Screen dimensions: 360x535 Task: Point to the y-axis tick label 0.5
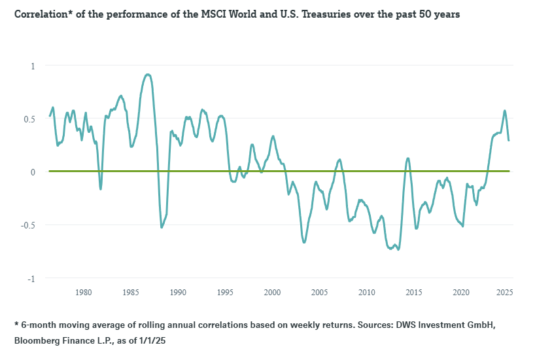tap(30, 119)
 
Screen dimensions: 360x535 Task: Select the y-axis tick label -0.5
tap(29, 225)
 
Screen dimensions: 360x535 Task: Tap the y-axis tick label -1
tap(31, 278)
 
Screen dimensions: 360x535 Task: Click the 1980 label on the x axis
tap(83, 293)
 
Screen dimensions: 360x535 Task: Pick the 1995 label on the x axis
tap(225, 293)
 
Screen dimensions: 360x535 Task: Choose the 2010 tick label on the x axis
tap(367, 293)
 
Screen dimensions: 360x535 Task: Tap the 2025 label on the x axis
tap(504, 293)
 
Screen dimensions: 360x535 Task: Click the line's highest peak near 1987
tap(148, 75)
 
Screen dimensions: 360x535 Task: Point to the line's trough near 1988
tap(162, 227)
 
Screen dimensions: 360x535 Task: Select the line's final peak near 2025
tap(504, 111)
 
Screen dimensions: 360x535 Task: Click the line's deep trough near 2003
tap(304, 243)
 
